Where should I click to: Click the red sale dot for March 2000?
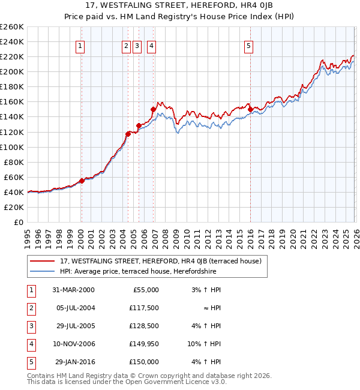[82, 181]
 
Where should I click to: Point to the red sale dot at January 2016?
[250, 109]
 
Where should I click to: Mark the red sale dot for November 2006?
[153, 109]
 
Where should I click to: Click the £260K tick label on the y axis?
[11, 27]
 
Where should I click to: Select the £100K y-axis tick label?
[11, 147]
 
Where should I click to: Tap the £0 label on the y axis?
[19, 222]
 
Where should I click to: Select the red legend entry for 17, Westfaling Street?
[160, 262]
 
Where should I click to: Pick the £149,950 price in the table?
[144, 344]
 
